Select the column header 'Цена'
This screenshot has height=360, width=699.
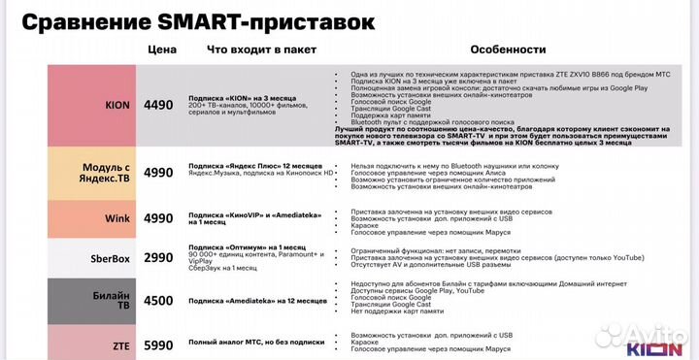pyautogui.click(x=162, y=49)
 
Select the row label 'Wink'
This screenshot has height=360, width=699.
pyautogui.click(x=117, y=219)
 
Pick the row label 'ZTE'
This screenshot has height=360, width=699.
pyautogui.click(x=119, y=344)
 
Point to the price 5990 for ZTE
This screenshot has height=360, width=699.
pyautogui.click(x=160, y=344)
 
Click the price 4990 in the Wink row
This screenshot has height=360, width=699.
pyautogui.click(x=160, y=219)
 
